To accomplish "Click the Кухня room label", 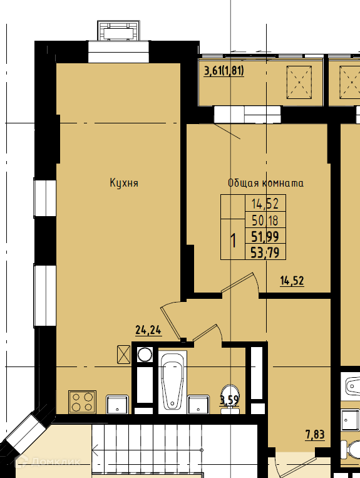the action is click(x=124, y=183).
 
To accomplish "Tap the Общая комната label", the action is click(x=265, y=183).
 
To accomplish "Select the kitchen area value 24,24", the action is click(x=148, y=330).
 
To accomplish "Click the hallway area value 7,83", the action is click(x=315, y=434).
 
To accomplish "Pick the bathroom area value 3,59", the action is click(x=229, y=400).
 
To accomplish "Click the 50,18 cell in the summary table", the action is click(x=265, y=220).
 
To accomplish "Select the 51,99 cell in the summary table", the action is click(x=265, y=236).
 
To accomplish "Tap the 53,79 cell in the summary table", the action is click(x=265, y=252).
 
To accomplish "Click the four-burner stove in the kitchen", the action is click(x=82, y=402).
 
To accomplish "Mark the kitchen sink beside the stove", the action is click(x=118, y=405).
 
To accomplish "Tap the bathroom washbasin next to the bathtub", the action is click(x=198, y=404).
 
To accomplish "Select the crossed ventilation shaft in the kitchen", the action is click(x=124, y=355).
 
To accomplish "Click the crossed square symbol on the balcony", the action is click(x=299, y=82).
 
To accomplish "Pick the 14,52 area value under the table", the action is click(x=292, y=281).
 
